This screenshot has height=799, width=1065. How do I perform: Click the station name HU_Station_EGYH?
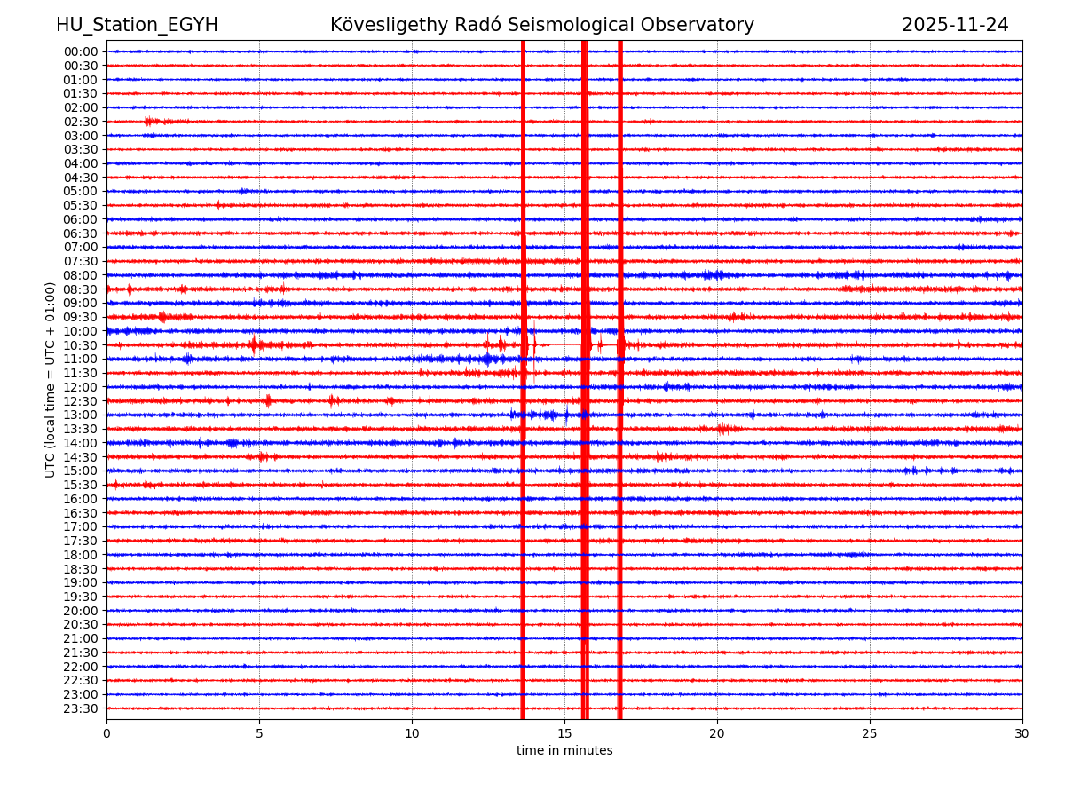[137, 25]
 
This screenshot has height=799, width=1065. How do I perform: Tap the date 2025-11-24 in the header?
[955, 25]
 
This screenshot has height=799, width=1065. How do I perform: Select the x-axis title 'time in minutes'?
[564, 751]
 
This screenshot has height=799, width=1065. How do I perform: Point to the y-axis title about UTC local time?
[51, 379]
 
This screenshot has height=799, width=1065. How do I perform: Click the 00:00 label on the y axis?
[81, 51]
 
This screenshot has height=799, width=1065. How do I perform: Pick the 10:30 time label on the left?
[81, 345]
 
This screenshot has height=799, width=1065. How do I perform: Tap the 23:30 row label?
[81, 708]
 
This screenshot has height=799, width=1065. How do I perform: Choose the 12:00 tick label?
[81, 387]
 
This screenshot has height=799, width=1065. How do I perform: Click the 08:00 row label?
[81, 275]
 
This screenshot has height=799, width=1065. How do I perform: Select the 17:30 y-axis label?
[81, 541]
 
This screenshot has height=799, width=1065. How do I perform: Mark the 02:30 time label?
[81, 122]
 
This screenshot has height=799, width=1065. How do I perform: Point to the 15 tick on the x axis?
[564, 734]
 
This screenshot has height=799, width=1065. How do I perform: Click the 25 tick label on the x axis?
[870, 734]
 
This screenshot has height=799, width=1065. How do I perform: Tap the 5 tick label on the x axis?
[259, 734]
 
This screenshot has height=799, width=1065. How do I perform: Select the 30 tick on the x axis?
[1022, 734]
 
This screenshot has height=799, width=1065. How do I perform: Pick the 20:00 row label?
[81, 611]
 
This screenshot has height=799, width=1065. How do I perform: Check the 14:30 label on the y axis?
[81, 457]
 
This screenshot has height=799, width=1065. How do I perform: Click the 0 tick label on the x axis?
[106, 734]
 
